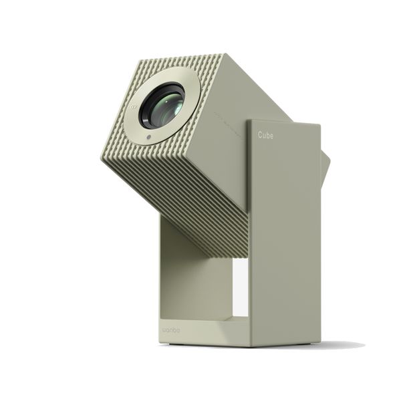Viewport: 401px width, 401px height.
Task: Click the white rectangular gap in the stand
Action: tap(241, 288)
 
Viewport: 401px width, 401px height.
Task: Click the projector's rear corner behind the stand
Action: tap(325, 167)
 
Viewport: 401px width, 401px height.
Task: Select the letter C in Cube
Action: tap(261, 134)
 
